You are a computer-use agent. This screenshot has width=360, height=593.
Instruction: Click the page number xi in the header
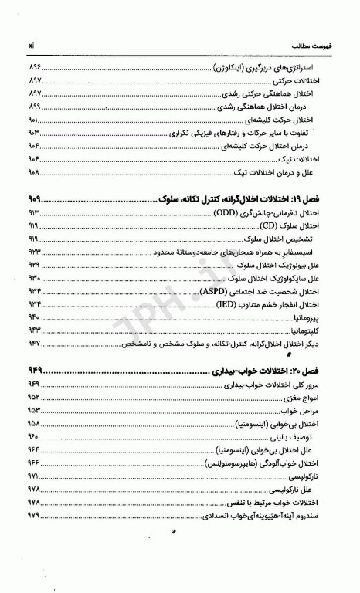[29, 36]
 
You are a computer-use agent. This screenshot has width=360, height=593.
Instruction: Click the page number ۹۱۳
[35, 212]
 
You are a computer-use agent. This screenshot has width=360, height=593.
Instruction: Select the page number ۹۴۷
[35, 343]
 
